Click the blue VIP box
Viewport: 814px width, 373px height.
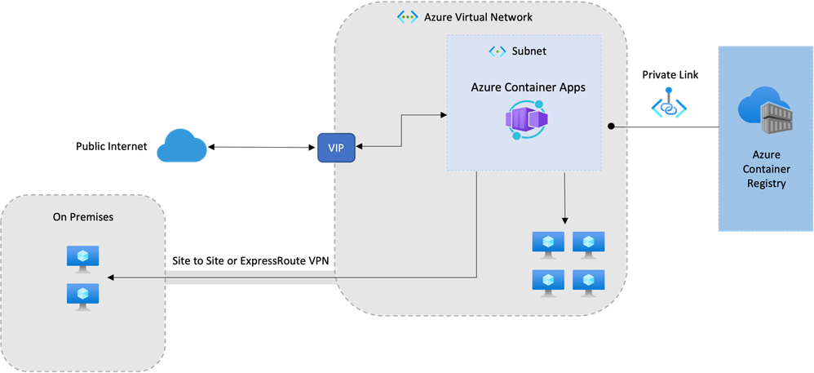(x=335, y=148)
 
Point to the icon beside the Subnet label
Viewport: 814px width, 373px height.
(x=497, y=51)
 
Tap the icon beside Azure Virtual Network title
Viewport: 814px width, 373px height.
(x=406, y=16)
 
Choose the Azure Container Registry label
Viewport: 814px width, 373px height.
(x=765, y=169)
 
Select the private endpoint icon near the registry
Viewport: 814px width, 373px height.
(x=669, y=104)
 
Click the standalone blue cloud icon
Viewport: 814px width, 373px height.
(x=181, y=146)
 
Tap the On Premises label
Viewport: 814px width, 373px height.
(x=83, y=218)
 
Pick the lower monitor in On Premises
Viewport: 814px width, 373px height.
(x=82, y=295)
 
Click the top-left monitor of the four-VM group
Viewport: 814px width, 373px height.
(x=547, y=243)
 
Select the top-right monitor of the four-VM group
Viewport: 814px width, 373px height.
(x=588, y=243)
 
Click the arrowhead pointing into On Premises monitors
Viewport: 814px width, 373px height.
(x=111, y=278)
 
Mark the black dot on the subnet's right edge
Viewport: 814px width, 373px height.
(x=610, y=127)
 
